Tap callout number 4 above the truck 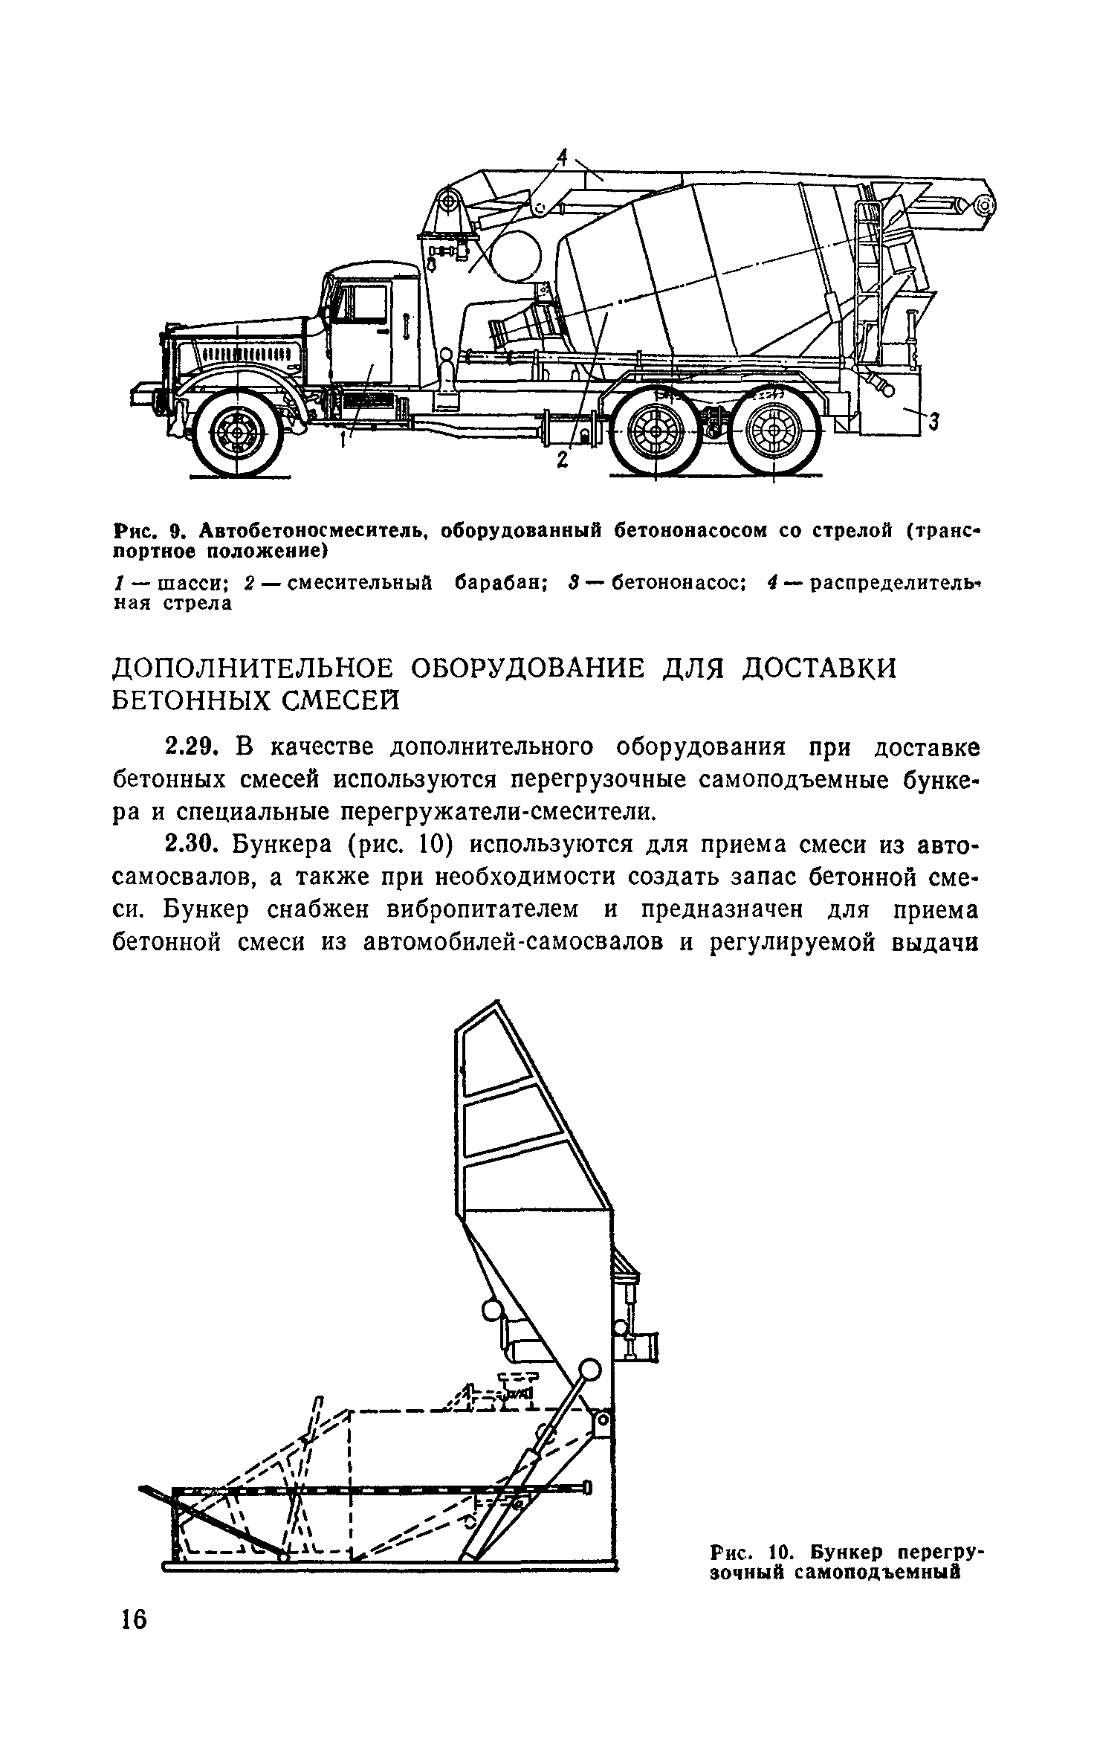(x=563, y=157)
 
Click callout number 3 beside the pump (x=935, y=422)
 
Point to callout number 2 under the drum (x=562, y=461)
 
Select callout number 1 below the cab (x=343, y=440)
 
